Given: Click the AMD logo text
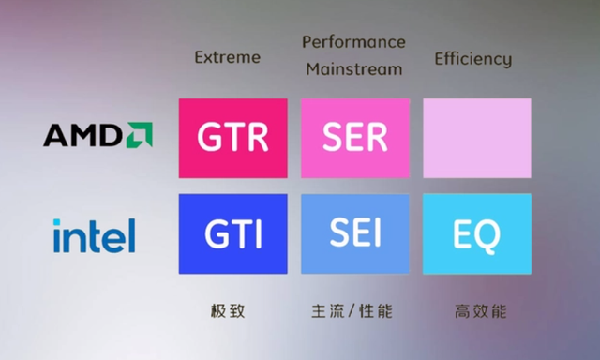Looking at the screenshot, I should click(83, 137).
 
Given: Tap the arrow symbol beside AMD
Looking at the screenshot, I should click(140, 135).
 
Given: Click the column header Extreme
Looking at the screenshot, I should click(226, 58).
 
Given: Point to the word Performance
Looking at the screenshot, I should click(353, 42).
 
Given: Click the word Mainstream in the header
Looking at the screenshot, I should click(353, 68).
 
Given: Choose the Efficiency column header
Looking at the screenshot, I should click(473, 59).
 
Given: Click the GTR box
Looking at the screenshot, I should click(232, 138).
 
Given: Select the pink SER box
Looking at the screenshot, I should click(354, 138).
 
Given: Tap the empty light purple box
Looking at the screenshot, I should click(477, 138).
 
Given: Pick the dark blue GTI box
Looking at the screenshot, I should click(232, 234).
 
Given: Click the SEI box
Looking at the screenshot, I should click(354, 234).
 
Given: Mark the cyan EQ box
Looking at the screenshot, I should click(477, 234).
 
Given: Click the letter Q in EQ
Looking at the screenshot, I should click(489, 235).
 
